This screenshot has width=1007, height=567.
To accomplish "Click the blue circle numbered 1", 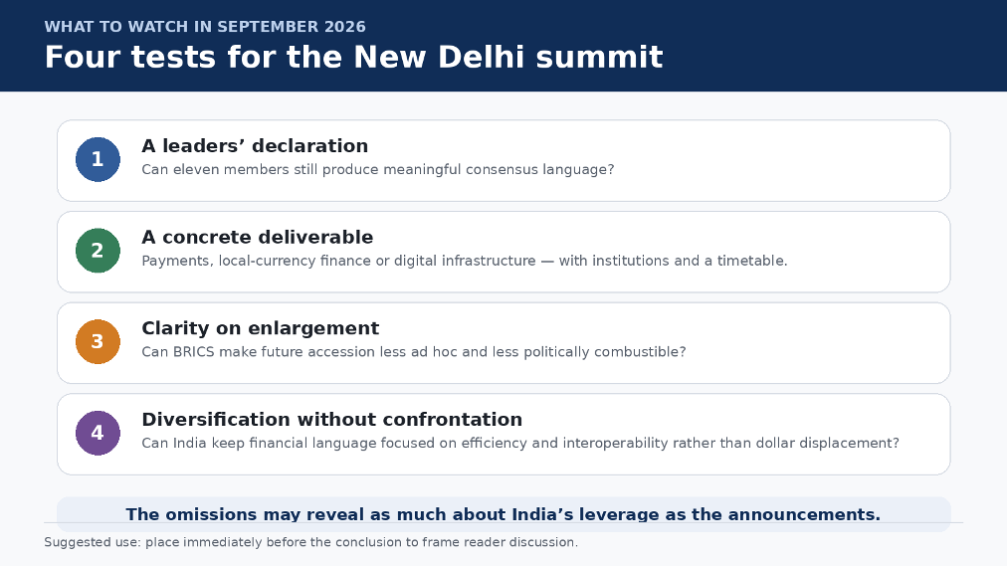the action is pyautogui.click(x=98, y=159).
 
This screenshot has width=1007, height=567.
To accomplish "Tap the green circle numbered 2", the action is pyautogui.click(x=98, y=251).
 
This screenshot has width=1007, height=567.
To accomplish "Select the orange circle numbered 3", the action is pyautogui.click(x=98, y=341).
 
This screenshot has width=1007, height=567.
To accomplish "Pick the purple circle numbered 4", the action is pyautogui.click(x=98, y=433).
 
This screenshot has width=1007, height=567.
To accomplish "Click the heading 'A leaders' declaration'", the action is pyautogui.click(x=255, y=146).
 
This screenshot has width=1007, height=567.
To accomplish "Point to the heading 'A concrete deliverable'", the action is pyautogui.click(x=258, y=238).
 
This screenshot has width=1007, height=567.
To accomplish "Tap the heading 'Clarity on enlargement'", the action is pyautogui.click(x=261, y=329).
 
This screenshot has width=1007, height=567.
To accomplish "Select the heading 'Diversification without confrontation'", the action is pyautogui.click(x=332, y=420).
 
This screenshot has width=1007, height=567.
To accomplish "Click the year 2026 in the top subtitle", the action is pyautogui.click(x=345, y=27).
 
